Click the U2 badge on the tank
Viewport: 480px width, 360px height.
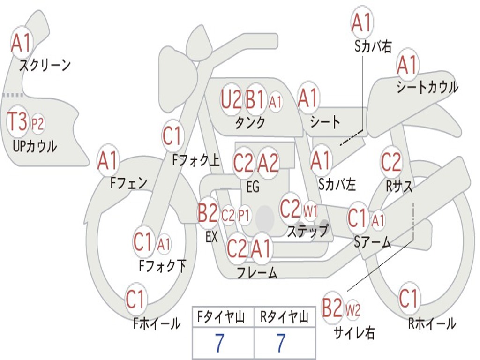[x=231, y=99]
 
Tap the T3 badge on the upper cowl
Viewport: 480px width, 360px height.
[x=17, y=121]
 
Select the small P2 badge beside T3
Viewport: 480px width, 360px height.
[x=37, y=124]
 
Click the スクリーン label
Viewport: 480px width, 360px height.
[x=45, y=65]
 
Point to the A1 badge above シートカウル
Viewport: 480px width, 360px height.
[x=407, y=65]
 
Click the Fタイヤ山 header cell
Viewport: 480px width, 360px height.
[x=223, y=317]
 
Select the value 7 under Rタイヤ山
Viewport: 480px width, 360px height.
[x=281, y=343]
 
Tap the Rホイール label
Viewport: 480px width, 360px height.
[x=432, y=323]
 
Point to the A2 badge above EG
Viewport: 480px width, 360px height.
[x=268, y=163]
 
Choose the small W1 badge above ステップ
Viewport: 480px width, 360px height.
[x=310, y=211]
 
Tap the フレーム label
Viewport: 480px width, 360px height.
[x=257, y=272]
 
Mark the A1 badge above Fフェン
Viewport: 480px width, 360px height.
[x=109, y=161]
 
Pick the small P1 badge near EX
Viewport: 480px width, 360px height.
[x=244, y=216]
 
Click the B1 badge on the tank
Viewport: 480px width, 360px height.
[x=255, y=99]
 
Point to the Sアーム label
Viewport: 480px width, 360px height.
[x=372, y=242]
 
